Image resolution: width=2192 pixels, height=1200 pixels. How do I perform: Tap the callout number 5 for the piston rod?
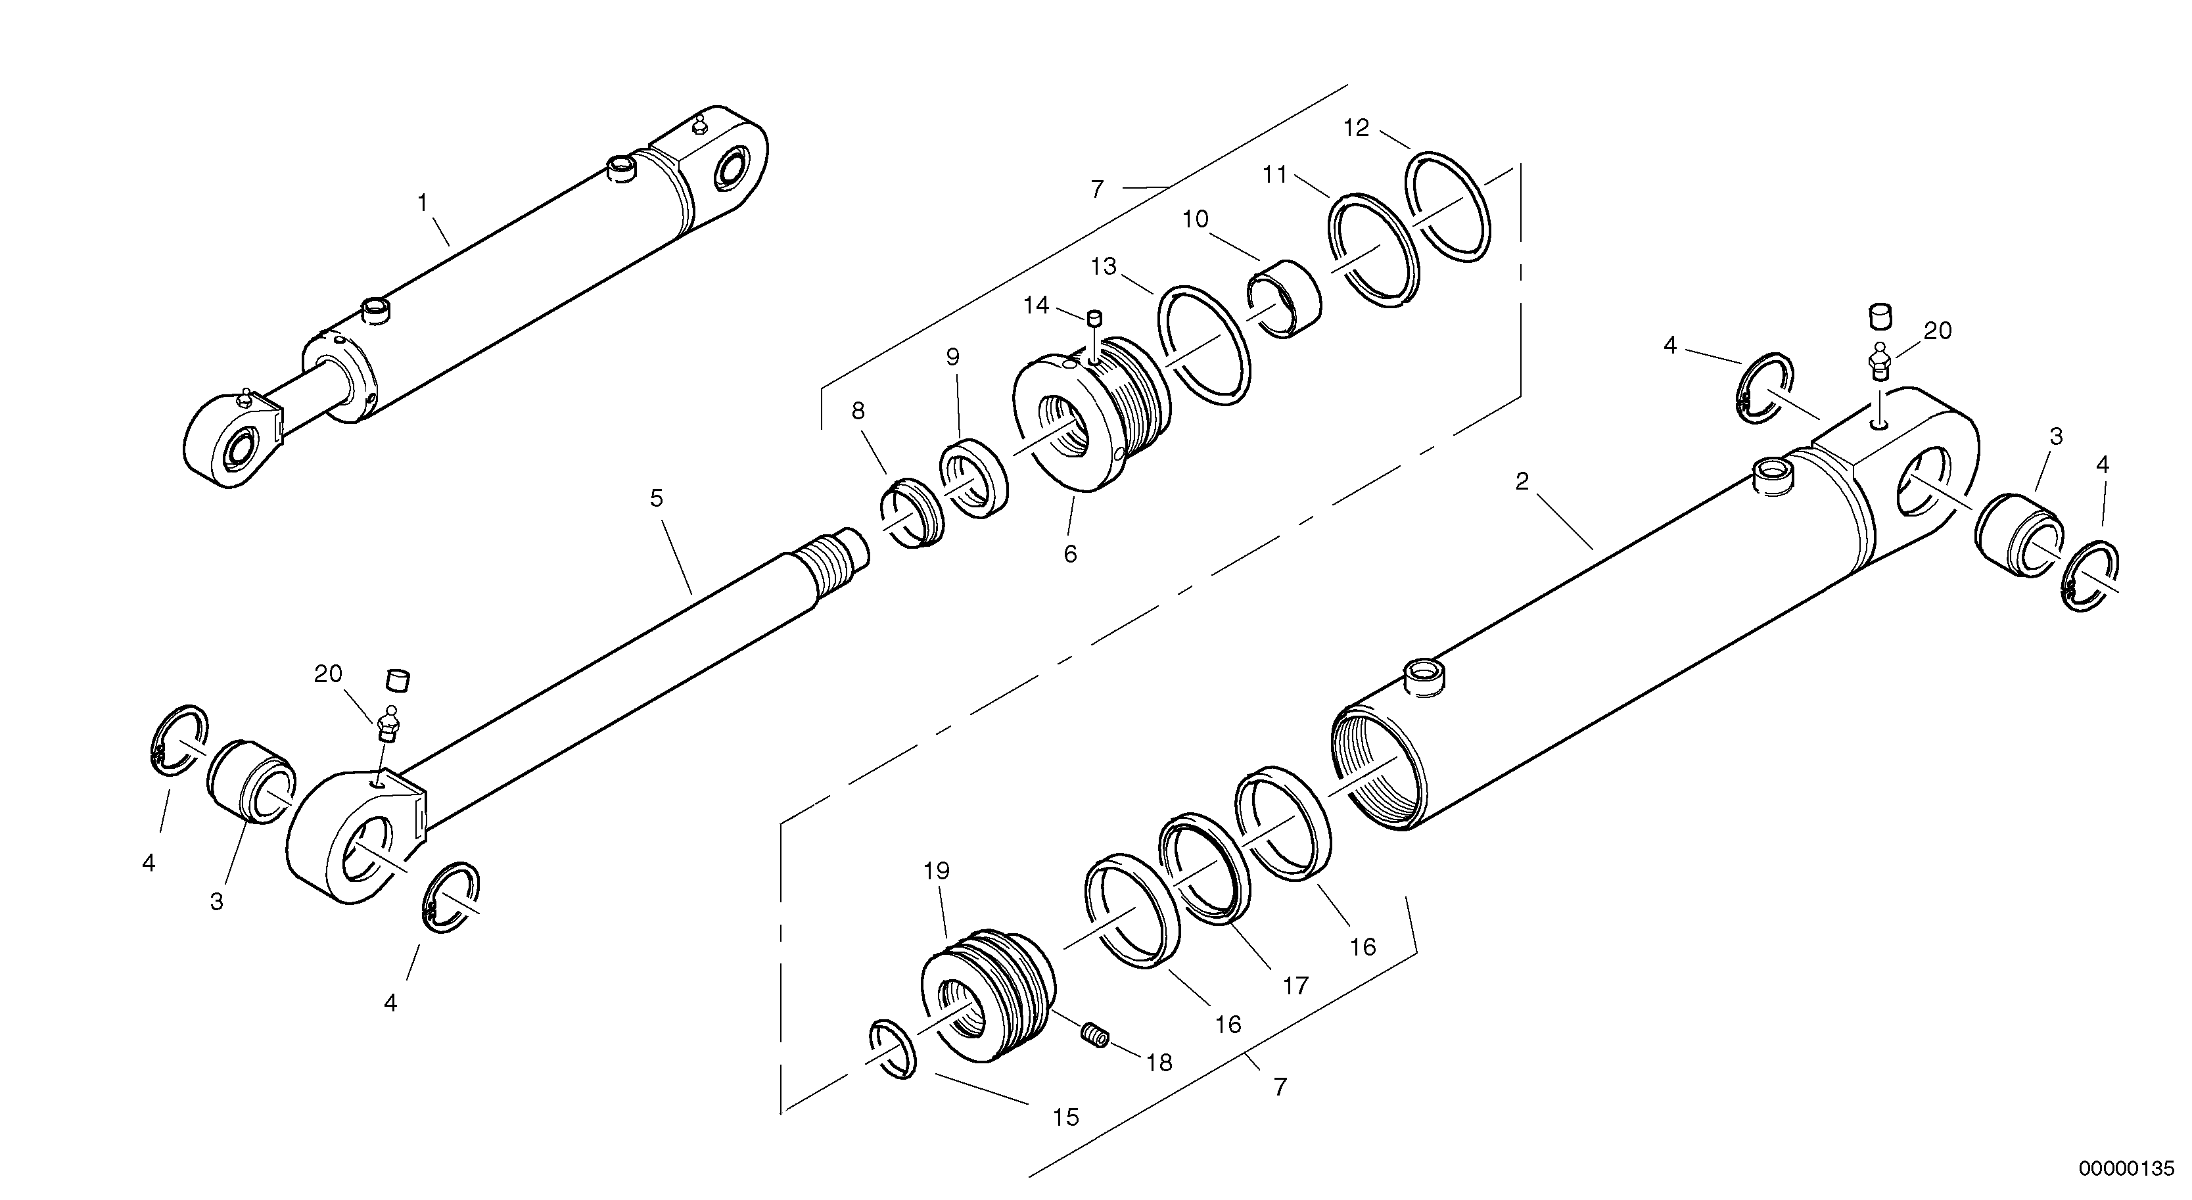[x=656, y=499]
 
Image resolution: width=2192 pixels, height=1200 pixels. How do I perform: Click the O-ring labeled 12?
[x=1448, y=208]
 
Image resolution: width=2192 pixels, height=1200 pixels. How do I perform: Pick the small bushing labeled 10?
[x=1285, y=299]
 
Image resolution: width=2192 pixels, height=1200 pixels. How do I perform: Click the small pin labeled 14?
[x=1094, y=319]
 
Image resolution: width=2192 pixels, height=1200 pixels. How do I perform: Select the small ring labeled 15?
[x=893, y=1061]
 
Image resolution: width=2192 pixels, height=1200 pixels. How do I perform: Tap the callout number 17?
[x=1295, y=986]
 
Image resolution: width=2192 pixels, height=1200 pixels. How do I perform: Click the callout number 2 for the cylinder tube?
[x=1522, y=482]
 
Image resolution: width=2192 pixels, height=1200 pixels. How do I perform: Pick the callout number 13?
[x=1104, y=267]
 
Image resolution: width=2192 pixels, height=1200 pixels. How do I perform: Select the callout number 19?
[x=936, y=871]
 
